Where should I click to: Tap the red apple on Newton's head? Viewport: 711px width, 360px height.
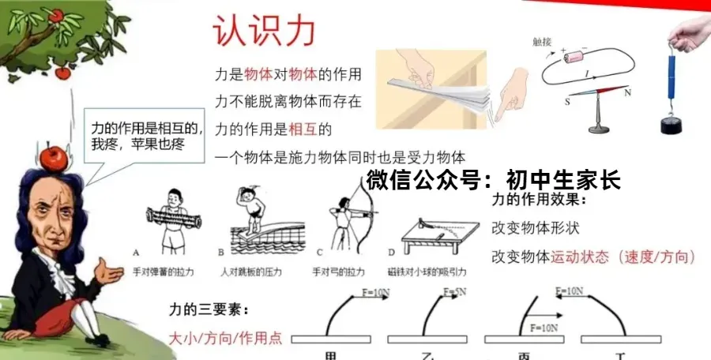click(53, 157)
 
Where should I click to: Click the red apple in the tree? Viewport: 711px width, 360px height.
click(55, 15)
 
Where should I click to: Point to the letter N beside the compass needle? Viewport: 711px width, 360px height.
click(629, 93)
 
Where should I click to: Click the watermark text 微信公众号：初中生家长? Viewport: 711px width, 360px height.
click(493, 180)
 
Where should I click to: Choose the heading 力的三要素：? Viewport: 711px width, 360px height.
click(205, 309)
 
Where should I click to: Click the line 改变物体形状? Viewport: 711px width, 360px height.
click(535, 228)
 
